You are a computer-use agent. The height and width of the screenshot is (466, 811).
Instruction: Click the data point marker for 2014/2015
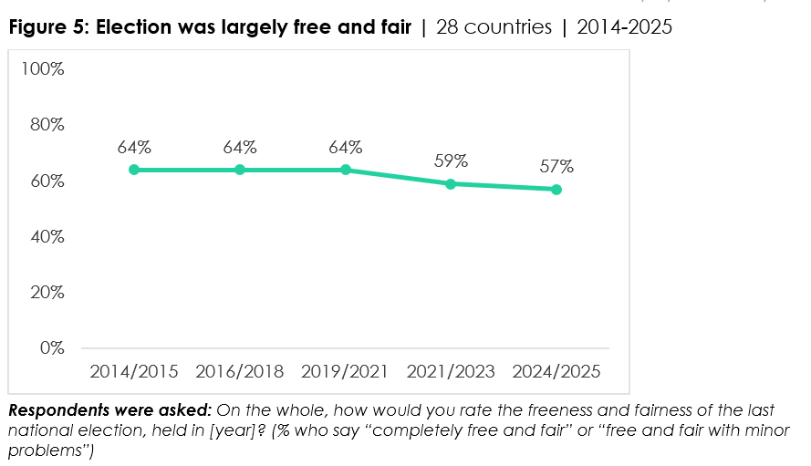[x=134, y=170]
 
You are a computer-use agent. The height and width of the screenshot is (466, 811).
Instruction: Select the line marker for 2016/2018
[x=240, y=170]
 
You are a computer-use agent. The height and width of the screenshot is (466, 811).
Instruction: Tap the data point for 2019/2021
[x=346, y=170]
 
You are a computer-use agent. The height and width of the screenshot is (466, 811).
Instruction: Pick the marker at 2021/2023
[x=451, y=183]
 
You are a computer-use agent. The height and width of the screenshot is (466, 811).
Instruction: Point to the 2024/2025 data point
[x=556, y=189]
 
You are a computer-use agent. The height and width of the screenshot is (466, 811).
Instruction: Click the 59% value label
[x=451, y=161]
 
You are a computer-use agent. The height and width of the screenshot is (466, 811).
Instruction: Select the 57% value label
[x=556, y=167]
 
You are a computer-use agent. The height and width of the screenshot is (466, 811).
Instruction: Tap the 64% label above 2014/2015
[x=134, y=148]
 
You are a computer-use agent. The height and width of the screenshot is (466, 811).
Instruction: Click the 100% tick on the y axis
[x=43, y=69]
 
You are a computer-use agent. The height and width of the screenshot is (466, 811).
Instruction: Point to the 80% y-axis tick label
[x=46, y=125]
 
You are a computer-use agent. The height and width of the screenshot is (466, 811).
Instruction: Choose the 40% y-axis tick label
[x=46, y=236]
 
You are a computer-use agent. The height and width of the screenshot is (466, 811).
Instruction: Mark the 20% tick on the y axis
[x=46, y=293]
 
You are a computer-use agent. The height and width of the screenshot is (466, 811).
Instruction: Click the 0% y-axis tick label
[x=50, y=348]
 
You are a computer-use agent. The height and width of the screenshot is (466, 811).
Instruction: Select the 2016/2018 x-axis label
[x=240, y=372]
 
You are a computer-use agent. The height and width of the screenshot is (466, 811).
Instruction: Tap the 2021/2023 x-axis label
[x=451, y=372]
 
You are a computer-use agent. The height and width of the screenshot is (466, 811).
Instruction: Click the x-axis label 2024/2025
[x=556, y=372]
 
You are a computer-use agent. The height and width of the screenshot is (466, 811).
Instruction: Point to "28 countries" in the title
[x=494, y=27]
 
